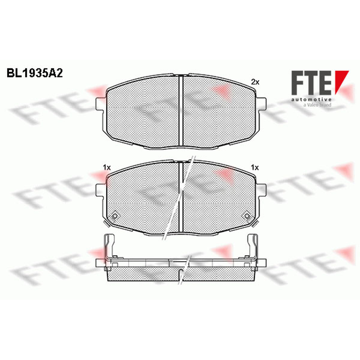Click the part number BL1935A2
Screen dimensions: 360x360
(x=35, y=73)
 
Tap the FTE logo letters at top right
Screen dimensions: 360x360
(x=311, y=83)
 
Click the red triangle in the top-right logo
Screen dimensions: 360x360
(x=342, y=82)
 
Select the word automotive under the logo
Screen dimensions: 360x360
(x=311, y=99)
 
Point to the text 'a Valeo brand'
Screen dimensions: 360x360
(x=317, y=105)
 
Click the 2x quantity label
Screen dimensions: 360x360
(x=255, y=82)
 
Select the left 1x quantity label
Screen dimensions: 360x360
(x=107, y=168)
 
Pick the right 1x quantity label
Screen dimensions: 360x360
(x=255, y=168)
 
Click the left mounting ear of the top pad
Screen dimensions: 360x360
(x=100, y=103)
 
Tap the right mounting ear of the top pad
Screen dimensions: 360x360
(x=261, y=103)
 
